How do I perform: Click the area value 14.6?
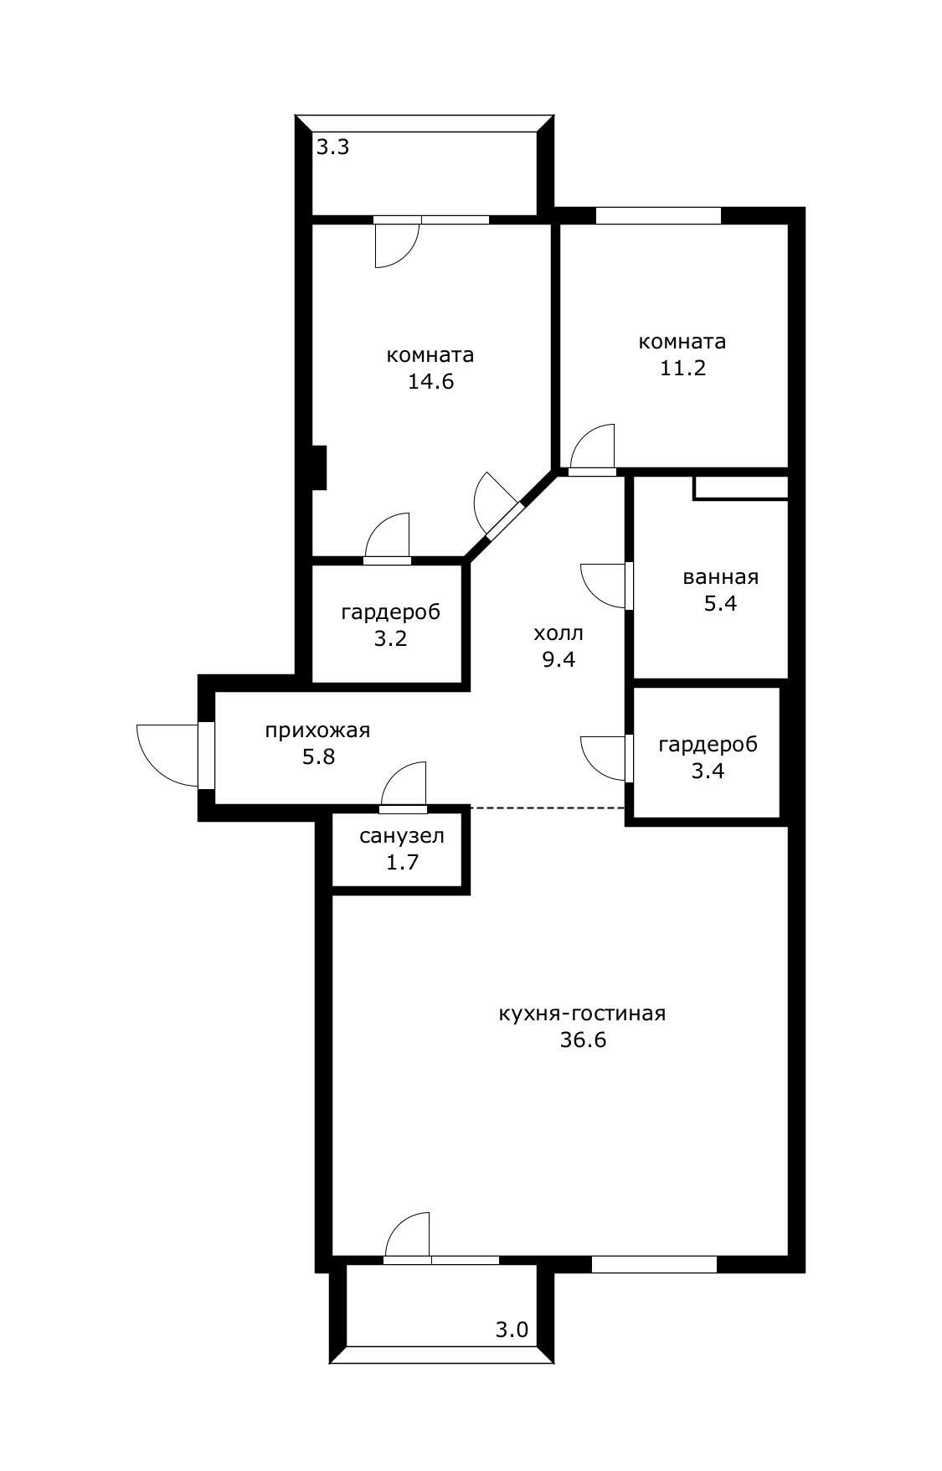[x=430, y=382]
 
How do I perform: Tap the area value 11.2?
[x=682, y=369]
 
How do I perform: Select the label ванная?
[x=721, y=577]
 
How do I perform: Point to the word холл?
[x=559, y=632]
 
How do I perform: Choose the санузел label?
[x=402, y=836]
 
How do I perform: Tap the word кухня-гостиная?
[x=582, y=1014]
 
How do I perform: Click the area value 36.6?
[x=583, y=1040]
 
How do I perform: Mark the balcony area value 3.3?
[x=332, y=148]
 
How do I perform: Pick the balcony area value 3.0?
[x=512, y=1329]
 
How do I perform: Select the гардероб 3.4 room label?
[x=708, y=757]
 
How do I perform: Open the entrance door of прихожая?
[x=206, y=754]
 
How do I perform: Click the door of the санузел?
[x=403, y=809]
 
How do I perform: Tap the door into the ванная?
[x=629, y=586]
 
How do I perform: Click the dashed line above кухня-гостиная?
[x=548, y=808]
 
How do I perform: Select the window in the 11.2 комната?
[x=658, y=215]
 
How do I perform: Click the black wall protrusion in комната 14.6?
[x=318, y=467]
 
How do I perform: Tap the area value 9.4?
[x=559, y=659]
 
